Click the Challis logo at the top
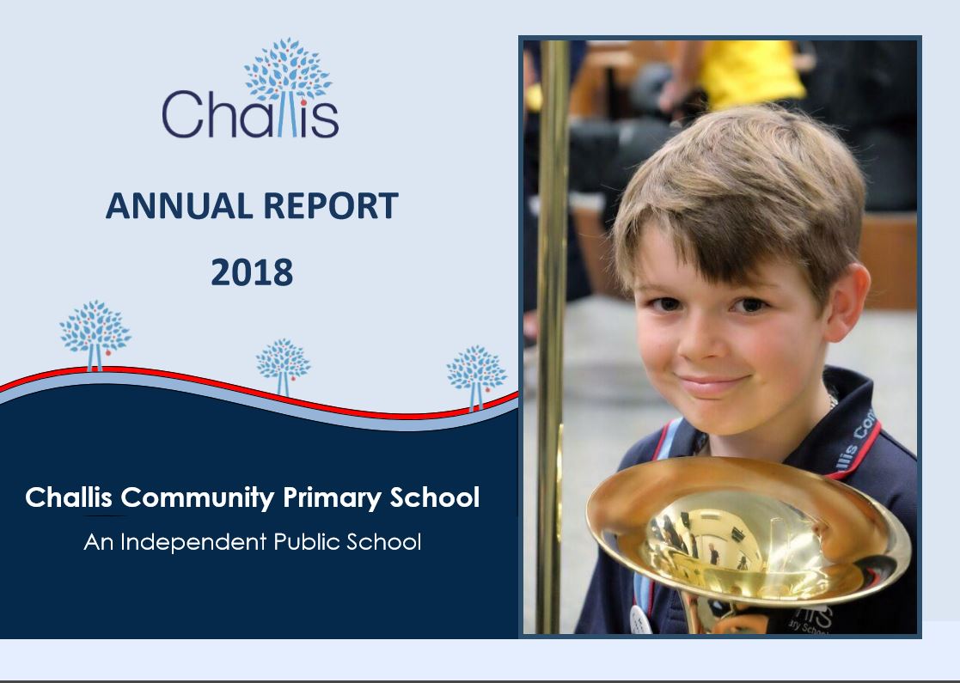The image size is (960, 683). pos(250,88)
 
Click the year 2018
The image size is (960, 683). pos(252,272)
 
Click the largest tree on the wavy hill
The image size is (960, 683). pos(95,335)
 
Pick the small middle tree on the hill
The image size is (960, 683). pos(283,366)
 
